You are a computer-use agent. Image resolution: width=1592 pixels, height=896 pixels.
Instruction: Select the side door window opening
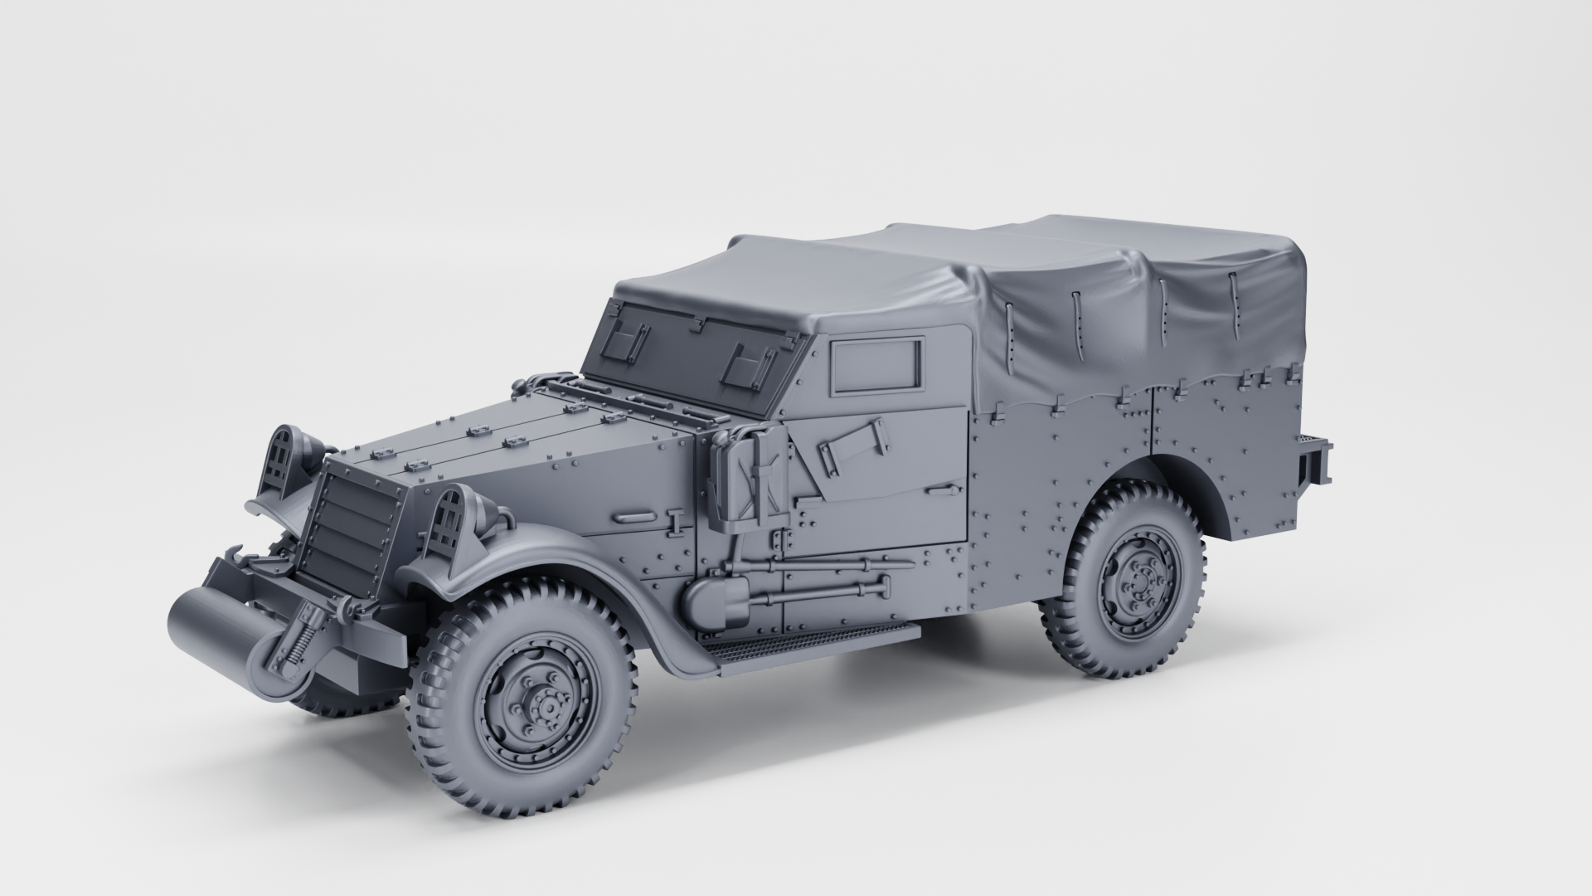click(877, 365)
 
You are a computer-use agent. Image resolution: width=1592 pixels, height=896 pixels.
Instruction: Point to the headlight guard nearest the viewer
click(448, 524)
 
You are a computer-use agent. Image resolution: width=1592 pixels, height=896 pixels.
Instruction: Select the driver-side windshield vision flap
click(745, 362)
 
